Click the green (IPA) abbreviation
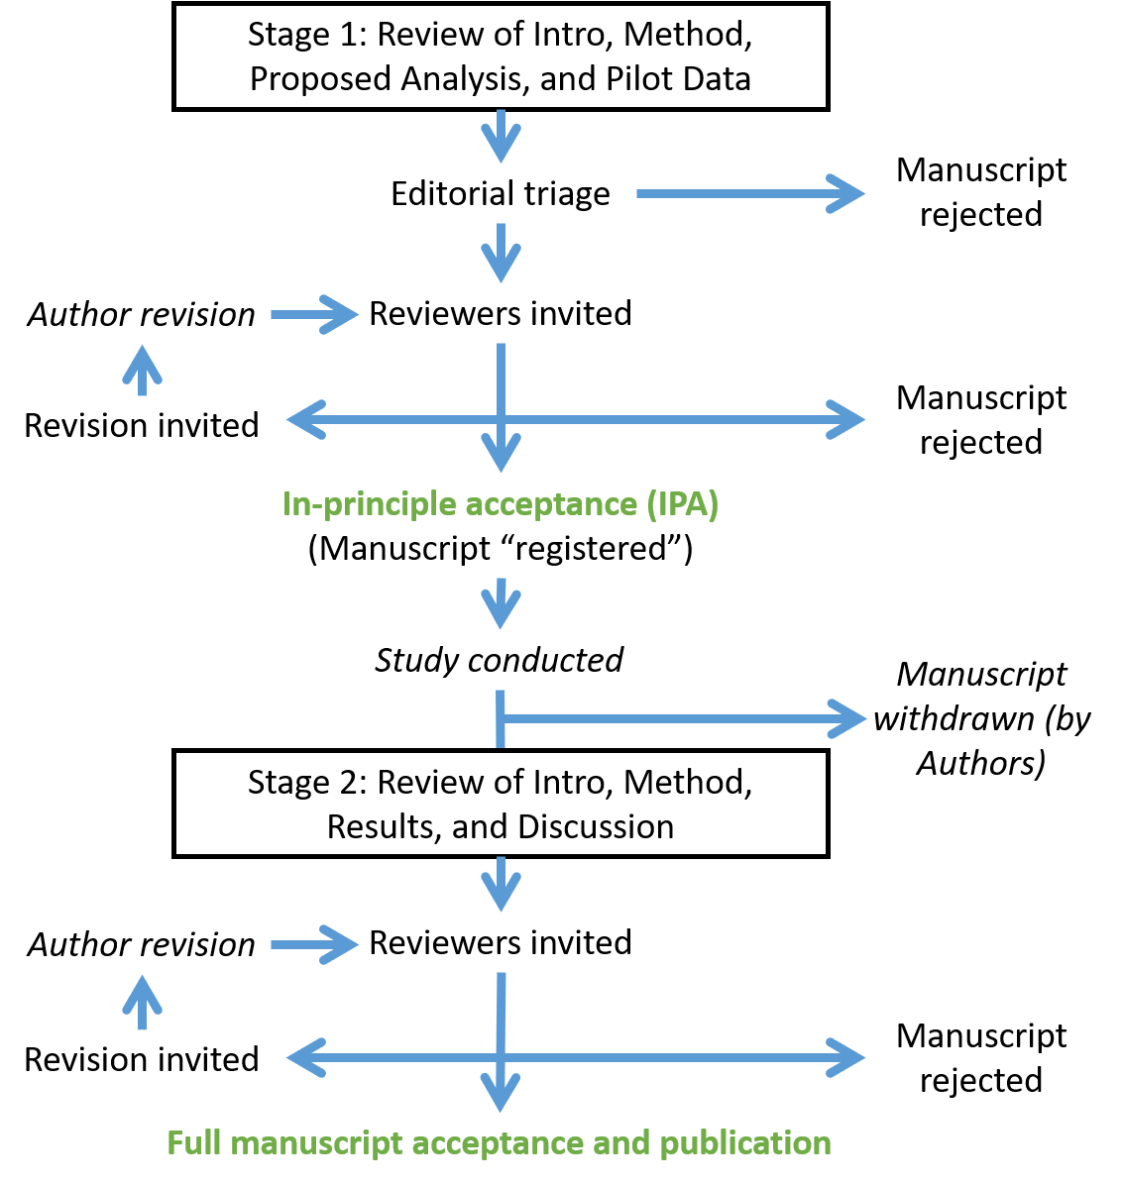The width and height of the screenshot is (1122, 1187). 682,504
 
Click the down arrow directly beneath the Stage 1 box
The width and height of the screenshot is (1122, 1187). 502,137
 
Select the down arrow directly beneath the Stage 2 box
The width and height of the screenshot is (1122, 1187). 502,885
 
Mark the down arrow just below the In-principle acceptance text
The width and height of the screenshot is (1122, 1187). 502,604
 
